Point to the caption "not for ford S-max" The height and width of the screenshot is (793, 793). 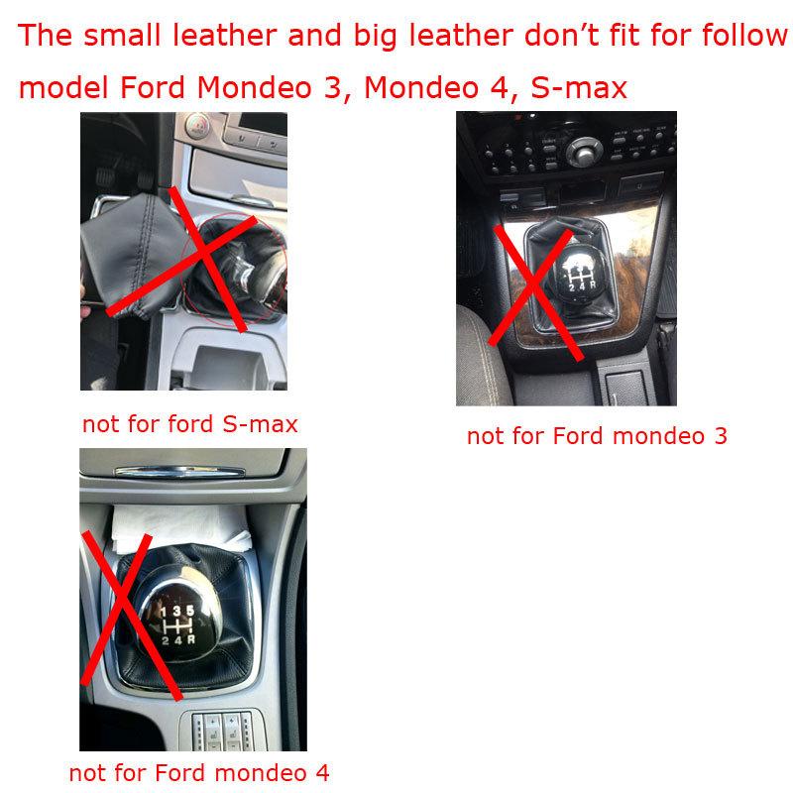189,424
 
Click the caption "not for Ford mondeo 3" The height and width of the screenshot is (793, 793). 597,435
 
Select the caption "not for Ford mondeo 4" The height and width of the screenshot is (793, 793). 198,771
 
